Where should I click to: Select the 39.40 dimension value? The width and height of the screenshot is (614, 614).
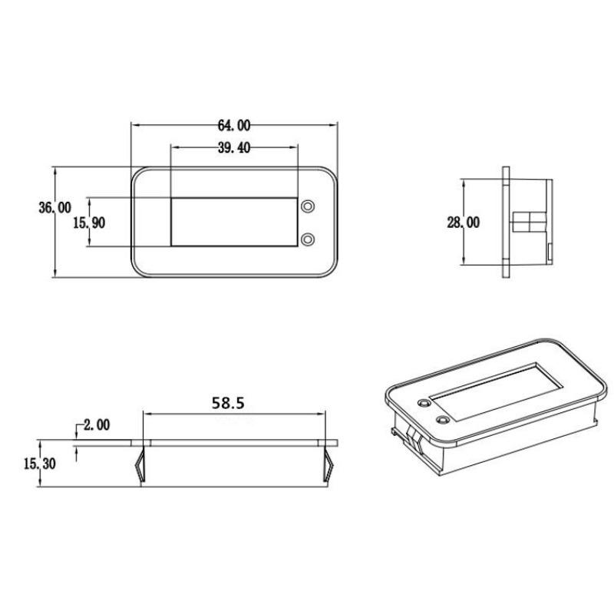233,149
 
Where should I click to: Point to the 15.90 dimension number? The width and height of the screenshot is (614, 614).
89,223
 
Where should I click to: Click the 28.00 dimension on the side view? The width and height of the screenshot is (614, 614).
464,223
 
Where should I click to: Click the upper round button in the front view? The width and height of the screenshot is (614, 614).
308,207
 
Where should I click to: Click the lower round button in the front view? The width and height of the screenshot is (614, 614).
308,239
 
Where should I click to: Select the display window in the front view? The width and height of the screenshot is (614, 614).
233,222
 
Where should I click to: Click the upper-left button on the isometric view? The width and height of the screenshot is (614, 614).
423,403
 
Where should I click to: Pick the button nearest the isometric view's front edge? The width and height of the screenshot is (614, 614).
443,420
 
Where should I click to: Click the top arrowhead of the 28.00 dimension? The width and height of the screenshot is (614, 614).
464,183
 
